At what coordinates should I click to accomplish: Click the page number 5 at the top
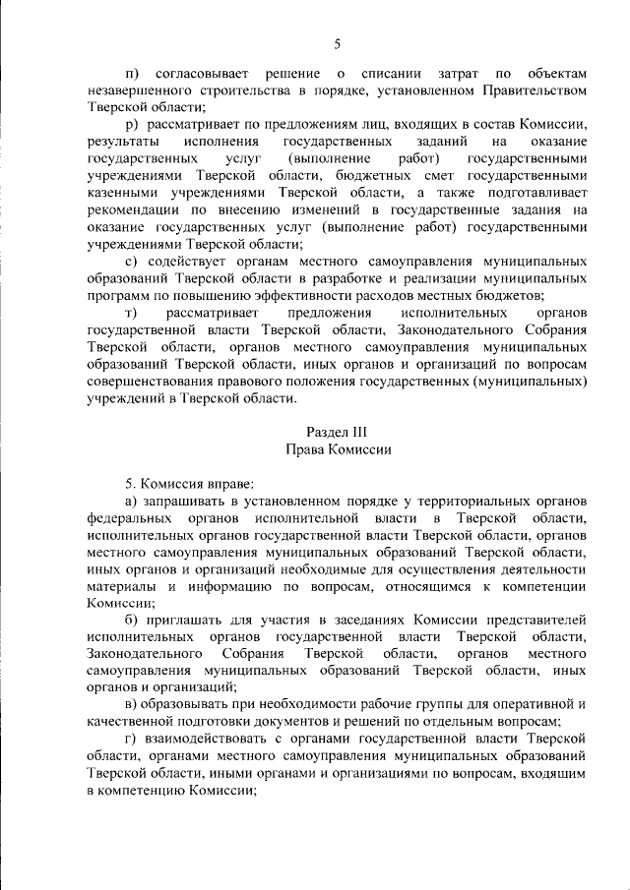pos(337,43)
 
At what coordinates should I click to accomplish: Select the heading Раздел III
pos(338,431)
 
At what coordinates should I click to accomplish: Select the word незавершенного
pos(136,90)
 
